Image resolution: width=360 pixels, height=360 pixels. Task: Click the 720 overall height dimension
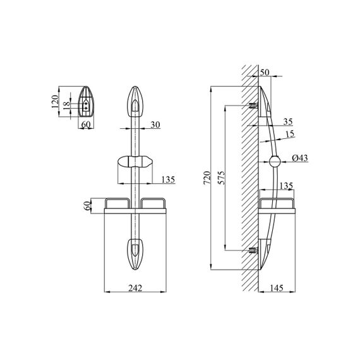pos(207,178)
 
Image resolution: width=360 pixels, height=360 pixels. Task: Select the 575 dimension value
pos(222,177)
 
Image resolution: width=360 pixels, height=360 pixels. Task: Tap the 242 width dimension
pos(135,288)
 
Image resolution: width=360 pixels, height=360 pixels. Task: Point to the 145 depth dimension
pos(277,288)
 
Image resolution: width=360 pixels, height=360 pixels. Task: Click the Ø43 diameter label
pos(300,158)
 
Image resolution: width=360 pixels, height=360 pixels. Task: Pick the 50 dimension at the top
pos(265,73)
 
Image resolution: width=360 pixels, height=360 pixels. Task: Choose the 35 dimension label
pos(288,121)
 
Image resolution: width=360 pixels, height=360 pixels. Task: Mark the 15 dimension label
pos(290,134)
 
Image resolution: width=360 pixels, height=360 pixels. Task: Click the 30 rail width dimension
pos(155,124)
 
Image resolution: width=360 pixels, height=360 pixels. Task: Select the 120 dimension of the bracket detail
pos(55,102)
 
